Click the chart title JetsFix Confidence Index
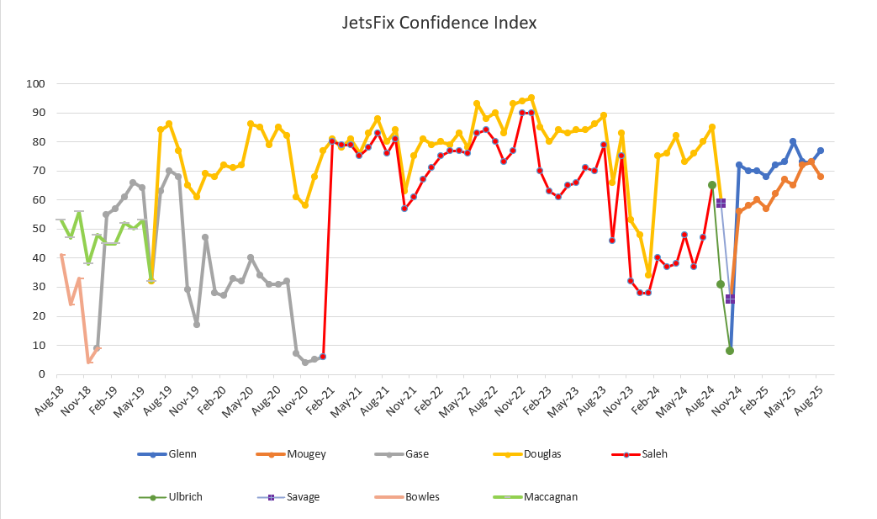[439, 23]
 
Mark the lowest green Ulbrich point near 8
[730, 351]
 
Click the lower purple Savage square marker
[730, 299]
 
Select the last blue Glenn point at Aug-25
[820, 151]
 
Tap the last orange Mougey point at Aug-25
[820, 177]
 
